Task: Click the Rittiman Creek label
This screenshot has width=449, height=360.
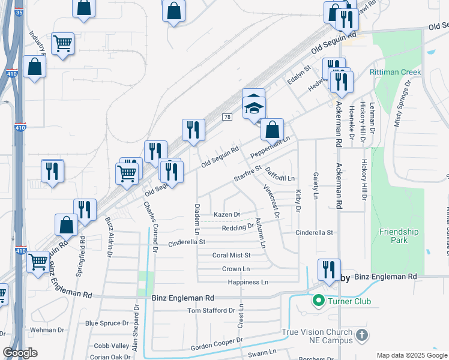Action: tap(396, 72)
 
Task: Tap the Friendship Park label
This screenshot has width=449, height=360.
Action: tap(399, 236)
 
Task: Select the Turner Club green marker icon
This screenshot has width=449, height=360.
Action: tap(318, 301)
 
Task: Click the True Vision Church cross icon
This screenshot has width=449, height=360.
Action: tap(362, 335)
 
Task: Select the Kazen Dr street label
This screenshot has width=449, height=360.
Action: tap(227, 214)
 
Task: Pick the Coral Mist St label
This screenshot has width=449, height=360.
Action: tap(231, 255)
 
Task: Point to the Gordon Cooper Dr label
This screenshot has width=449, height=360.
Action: tap(216, 344)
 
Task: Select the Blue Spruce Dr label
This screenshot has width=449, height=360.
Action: tap(108, 323)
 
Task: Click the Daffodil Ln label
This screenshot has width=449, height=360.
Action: tap(280, 175)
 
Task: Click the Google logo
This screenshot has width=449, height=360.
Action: tap(20, 353)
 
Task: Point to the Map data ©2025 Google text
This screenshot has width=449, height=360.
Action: tap(411, 355)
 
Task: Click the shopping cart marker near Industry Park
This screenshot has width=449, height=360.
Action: tap(62, 43)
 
